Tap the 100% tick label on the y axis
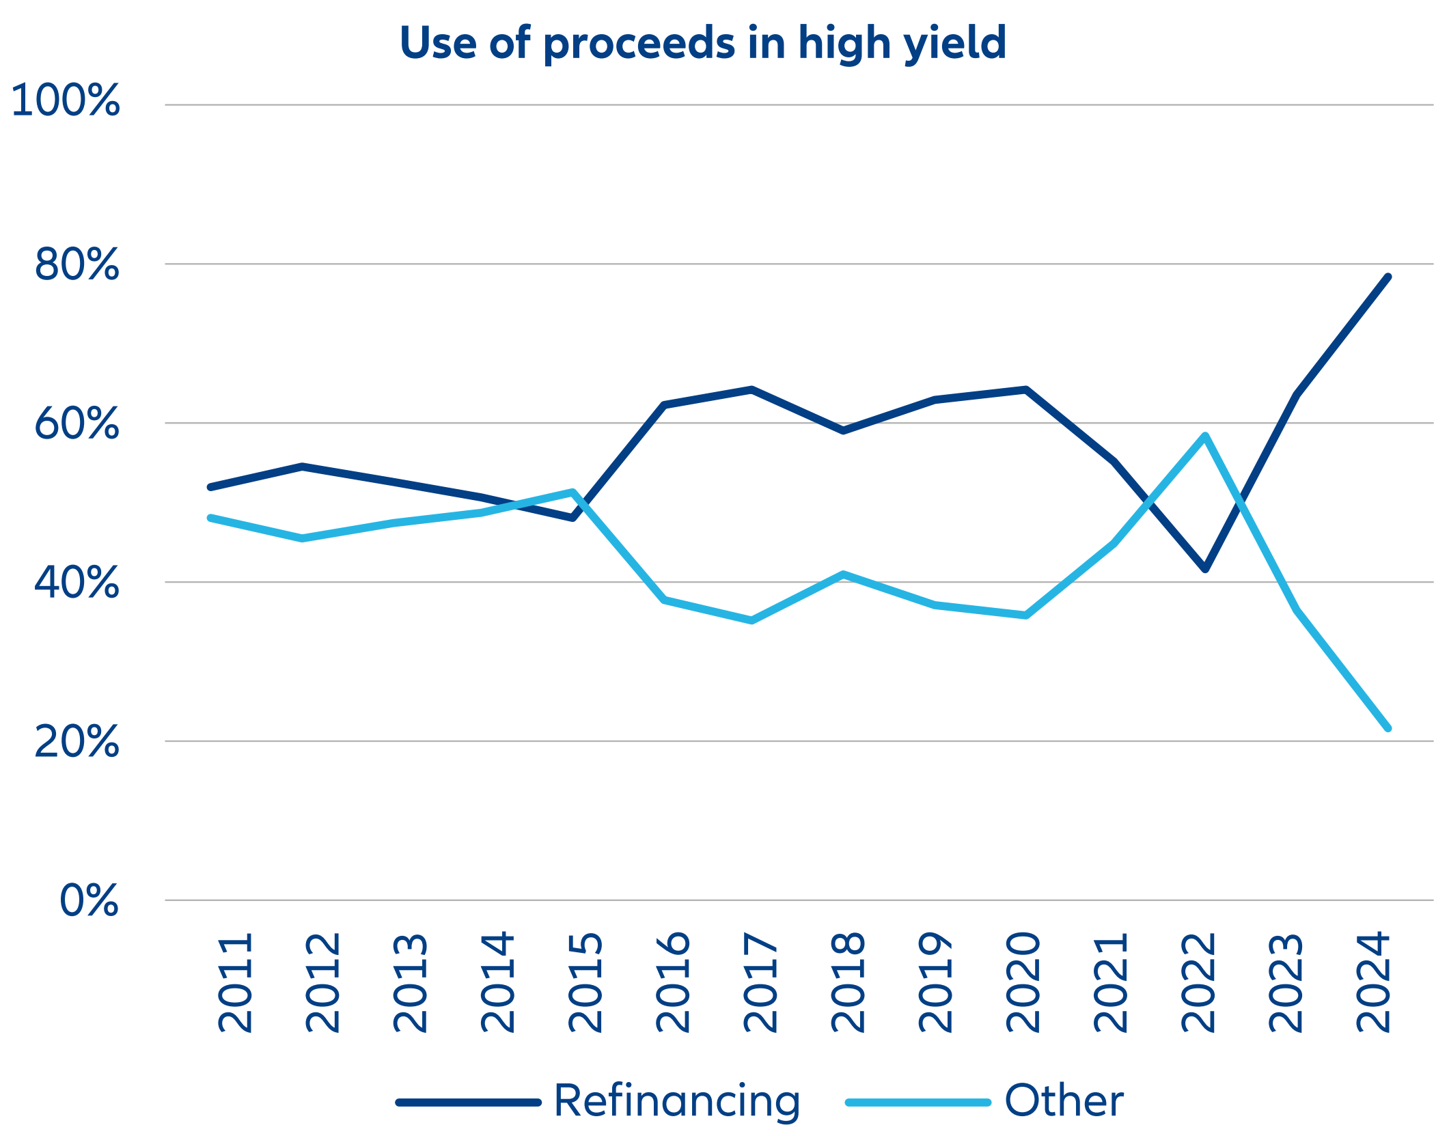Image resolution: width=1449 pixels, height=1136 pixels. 66,100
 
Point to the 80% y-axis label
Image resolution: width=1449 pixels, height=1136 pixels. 77,264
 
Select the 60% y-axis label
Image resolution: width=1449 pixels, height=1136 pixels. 77,424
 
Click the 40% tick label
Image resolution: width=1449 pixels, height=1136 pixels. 77,583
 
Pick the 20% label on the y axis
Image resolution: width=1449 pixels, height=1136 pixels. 77,741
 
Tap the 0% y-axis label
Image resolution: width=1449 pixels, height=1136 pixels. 89,900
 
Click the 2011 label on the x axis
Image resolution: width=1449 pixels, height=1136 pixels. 235,982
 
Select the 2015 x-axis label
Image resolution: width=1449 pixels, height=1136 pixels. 585,982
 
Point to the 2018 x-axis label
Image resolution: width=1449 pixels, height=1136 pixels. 848,982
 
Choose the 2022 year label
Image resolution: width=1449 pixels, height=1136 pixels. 1198,982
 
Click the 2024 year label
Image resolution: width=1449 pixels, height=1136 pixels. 1373,982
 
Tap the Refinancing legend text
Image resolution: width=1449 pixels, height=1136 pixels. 676,1100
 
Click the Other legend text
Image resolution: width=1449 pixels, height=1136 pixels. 1064,1100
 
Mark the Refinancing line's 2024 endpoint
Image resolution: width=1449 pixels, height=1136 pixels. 1388,277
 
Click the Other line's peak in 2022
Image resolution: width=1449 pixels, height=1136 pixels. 1206,436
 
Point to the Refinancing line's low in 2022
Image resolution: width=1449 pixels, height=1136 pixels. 1206,568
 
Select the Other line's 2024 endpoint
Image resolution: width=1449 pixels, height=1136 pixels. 1388,728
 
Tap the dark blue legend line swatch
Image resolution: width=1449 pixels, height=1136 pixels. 469,1102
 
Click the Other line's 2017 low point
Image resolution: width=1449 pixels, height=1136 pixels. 751,620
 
